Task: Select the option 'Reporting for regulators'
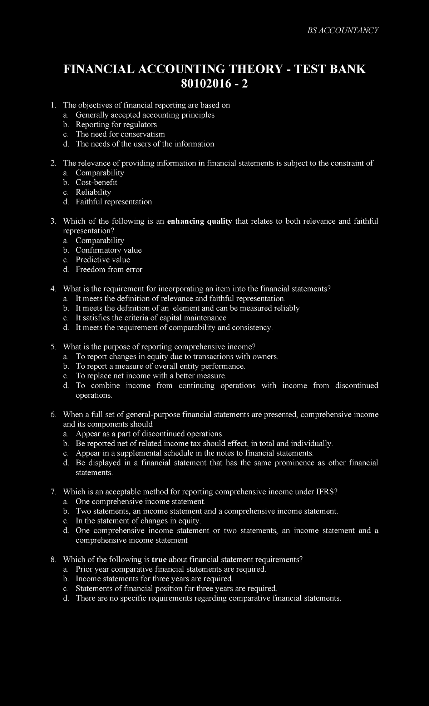[116, 125]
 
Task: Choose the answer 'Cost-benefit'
[97, 183]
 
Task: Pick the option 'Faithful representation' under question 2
[114, 202]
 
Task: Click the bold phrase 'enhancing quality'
[199, 221]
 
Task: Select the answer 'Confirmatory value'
[109, 250]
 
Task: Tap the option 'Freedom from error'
[109, 269]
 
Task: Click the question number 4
[53, 289]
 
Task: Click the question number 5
[53, 347]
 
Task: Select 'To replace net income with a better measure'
[151, 376]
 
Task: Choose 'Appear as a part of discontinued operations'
[149, 434]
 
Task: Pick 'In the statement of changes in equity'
[138, 521]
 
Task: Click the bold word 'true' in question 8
[159, 560]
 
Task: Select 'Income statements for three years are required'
[154, 579]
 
